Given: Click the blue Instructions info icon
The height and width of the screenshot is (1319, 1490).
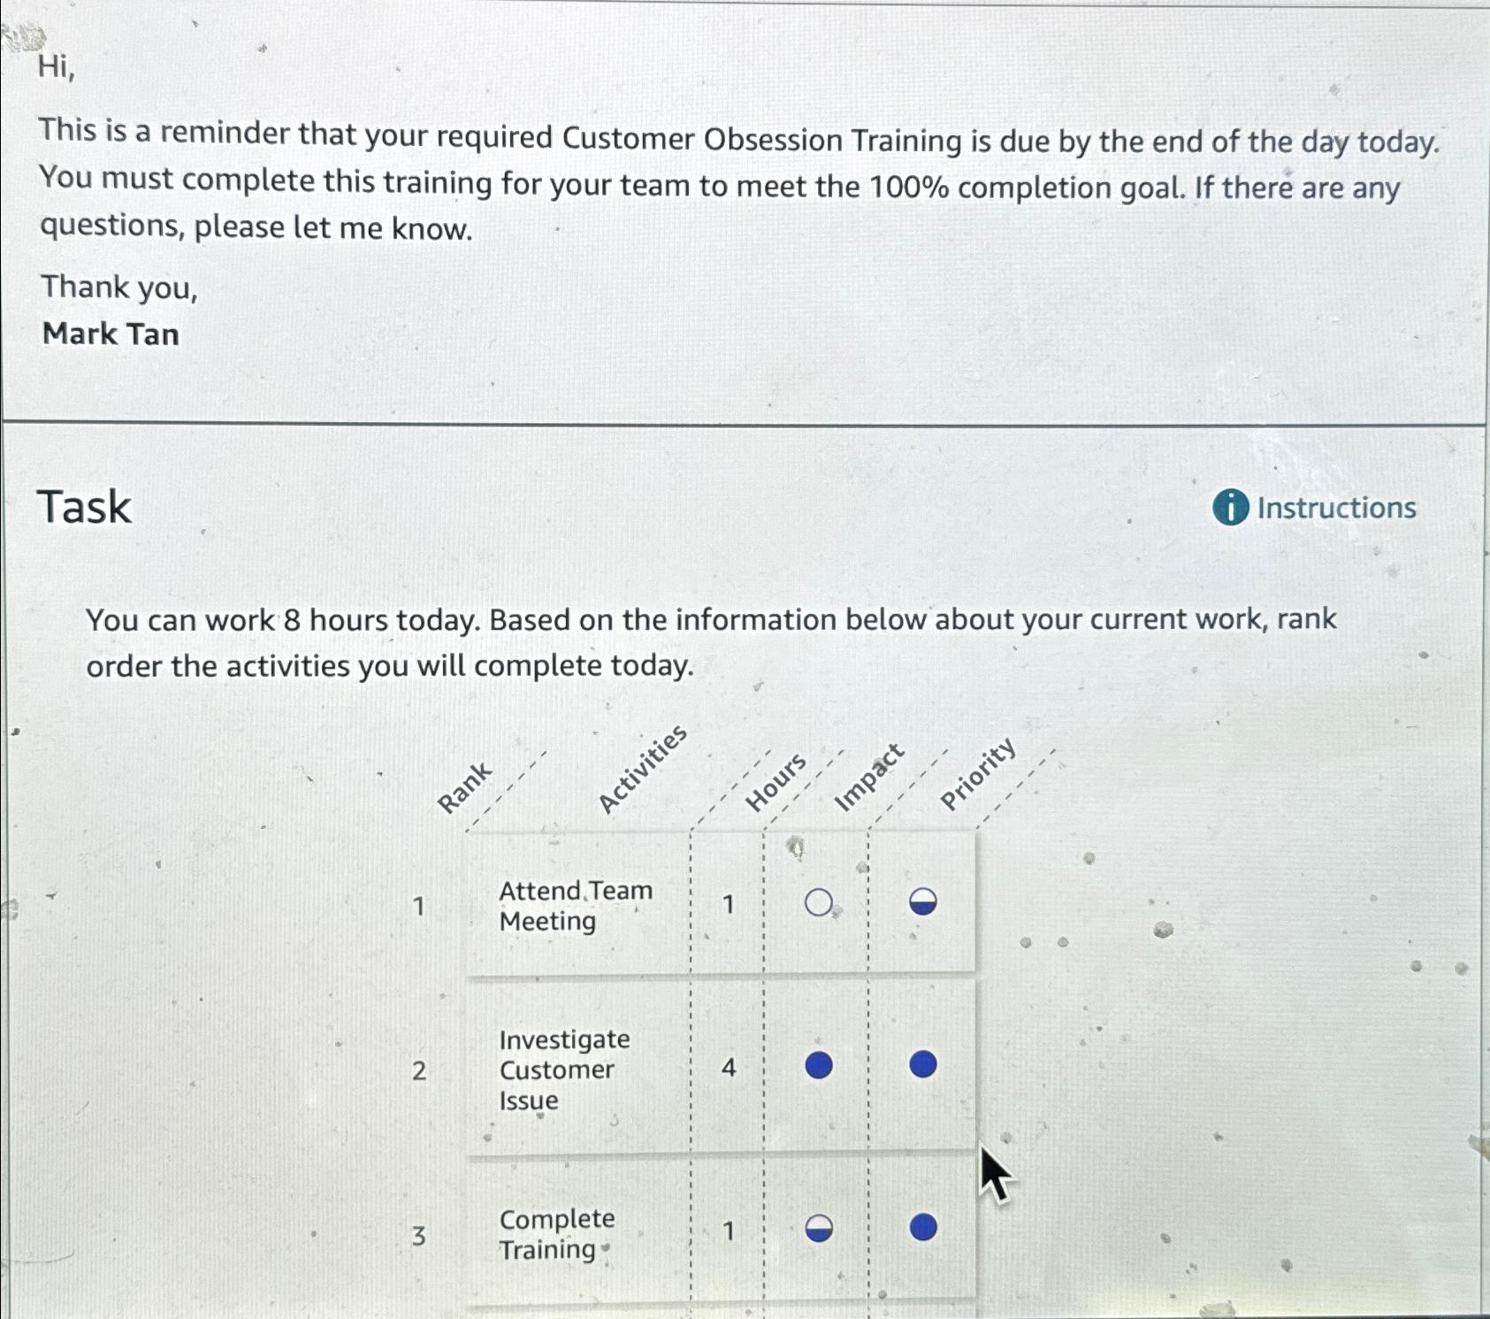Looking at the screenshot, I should tap(1230, 508).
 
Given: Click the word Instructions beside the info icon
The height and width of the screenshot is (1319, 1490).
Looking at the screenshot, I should tap(1336, 509).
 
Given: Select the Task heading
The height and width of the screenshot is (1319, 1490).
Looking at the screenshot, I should tap(84, 507).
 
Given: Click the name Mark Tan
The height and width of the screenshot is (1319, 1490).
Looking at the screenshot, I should tap(111, 334).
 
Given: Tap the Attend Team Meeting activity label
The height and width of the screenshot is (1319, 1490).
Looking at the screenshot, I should tap(575, 906).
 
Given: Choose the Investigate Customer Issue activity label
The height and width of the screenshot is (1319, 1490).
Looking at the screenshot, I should tap(564, 1070).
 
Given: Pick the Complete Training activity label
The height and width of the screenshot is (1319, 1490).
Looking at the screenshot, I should tap(556, 1234).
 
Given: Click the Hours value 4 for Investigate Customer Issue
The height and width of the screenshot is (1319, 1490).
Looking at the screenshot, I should tap(728, 1068).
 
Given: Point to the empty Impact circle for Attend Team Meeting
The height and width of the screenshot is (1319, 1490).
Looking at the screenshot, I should tap(819, 903).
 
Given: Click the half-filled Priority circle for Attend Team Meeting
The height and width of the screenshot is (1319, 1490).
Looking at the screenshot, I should tap(923, 902).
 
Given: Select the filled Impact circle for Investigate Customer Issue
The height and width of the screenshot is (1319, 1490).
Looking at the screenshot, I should tap(819, 1065).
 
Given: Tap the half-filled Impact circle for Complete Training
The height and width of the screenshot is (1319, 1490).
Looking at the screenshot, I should tap(819, 1229).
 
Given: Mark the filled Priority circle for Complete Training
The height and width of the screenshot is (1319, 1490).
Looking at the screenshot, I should tap(923, 1227).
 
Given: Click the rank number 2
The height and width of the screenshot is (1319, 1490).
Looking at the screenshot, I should tap(419, 1070).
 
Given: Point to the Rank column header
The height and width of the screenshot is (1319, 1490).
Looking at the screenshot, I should tap(464, 787).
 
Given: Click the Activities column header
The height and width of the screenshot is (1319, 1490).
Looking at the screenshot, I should tap(642, 768).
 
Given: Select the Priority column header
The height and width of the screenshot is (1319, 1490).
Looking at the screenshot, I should tap(977, 774).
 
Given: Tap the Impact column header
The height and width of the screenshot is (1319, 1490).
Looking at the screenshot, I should tap(869, 778).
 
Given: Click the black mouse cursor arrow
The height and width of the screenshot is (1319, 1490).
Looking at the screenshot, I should tap(994, 1172).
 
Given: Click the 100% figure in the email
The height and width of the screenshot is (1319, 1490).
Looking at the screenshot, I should tap(910, 188).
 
